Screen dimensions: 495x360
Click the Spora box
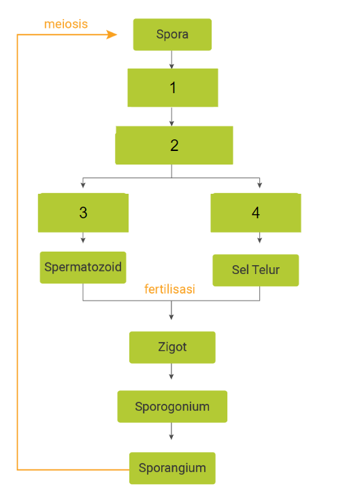172,34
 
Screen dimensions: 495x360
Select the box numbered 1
173,88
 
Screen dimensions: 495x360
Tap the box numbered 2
174,145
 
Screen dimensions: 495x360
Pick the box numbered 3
84,212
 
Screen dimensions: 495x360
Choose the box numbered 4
255,212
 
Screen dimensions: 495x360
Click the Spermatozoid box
83,267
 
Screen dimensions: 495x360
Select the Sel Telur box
255,270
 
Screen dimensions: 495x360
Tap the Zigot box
171,347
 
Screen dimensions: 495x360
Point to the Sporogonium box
171,407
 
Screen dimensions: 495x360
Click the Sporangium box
171,468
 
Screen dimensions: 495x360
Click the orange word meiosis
66,24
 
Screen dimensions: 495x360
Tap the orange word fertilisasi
169,289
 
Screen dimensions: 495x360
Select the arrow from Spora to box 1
171,60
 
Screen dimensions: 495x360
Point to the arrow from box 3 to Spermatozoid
83,238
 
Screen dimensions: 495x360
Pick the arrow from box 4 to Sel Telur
259,239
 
